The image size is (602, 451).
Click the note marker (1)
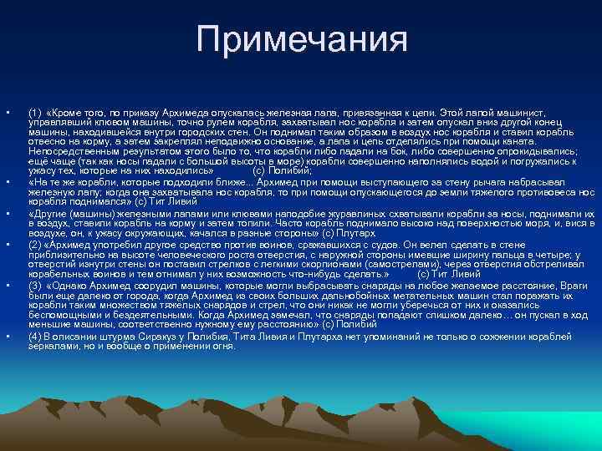34,112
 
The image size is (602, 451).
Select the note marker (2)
34,246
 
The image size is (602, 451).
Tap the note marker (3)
34,284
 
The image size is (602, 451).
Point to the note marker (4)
34,336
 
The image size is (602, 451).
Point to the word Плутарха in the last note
307,336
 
